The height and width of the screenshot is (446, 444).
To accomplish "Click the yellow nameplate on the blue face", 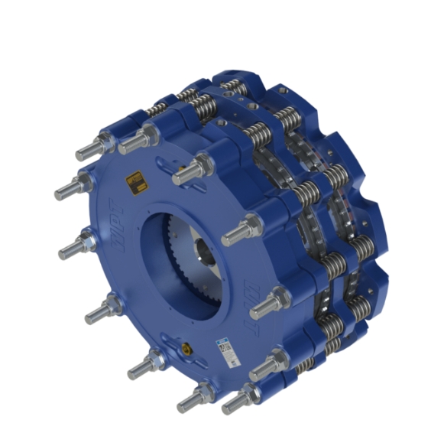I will (135, 183).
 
